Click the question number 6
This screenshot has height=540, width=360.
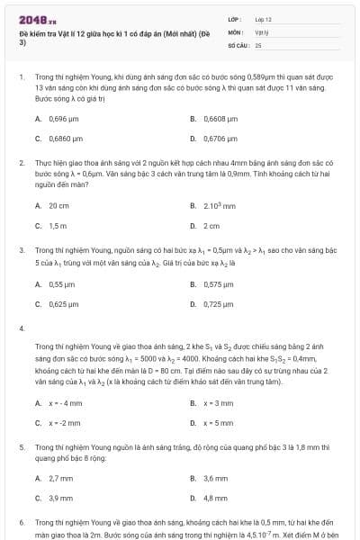[22, 522]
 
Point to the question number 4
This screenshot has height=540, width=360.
[22, 328]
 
